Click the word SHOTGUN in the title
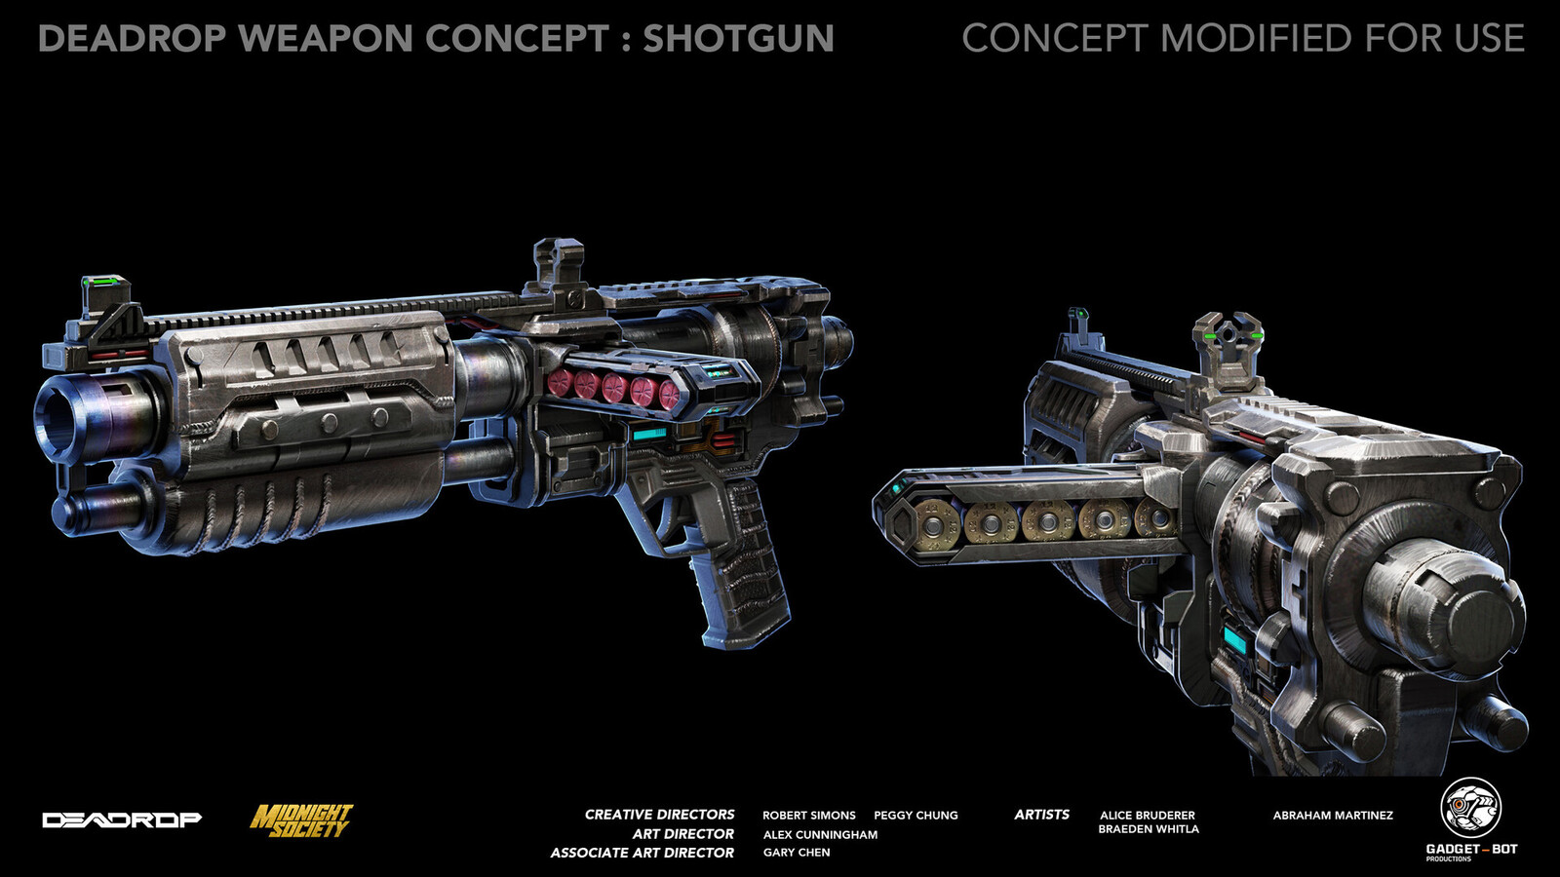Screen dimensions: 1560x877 (738, 38)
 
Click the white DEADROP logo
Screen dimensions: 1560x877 (122, 820)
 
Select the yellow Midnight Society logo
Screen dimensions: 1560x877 (301, 820)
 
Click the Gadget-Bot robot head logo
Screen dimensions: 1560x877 (1471, 808)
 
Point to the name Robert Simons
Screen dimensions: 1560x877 (808, 815)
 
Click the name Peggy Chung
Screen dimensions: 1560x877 (916, 815)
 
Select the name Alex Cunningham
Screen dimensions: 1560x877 (820, 834)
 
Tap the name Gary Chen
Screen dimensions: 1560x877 (796, 852)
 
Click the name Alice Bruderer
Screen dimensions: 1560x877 (1147, 815)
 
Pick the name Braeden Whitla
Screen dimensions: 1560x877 (1149, 829)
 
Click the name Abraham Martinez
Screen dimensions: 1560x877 (1333, 815)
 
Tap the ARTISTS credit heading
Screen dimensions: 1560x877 (1041, 815)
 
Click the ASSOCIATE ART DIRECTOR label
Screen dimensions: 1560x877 (643, 853)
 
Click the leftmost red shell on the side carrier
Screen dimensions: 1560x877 (559, 383)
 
